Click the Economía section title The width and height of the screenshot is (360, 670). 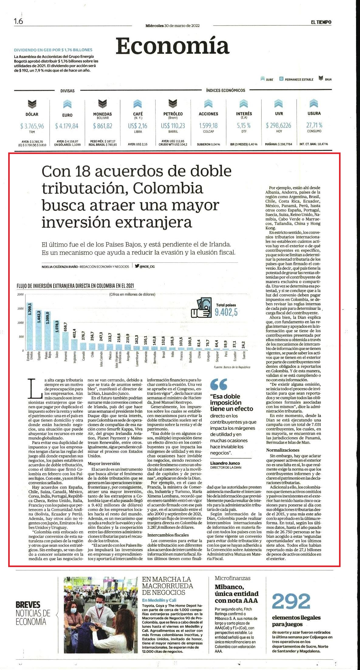point(172,46)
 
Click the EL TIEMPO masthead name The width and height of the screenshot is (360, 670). point(321,22)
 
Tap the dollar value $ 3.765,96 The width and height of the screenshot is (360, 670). point(32,126)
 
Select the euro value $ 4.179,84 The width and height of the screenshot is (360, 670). point(67,126)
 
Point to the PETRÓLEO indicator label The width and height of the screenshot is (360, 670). point(173,114)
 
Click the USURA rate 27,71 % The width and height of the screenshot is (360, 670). point(314,125)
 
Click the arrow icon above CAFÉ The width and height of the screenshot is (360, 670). point(138,104)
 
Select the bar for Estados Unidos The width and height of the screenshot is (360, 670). point(30,326)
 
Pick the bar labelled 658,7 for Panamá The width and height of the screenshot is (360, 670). point(65,341)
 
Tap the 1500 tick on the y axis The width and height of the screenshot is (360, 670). point(20,309)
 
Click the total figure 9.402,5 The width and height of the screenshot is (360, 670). point(226,312)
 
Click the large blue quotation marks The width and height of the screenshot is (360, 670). point(219,385)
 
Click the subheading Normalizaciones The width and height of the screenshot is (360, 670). point(283,450)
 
